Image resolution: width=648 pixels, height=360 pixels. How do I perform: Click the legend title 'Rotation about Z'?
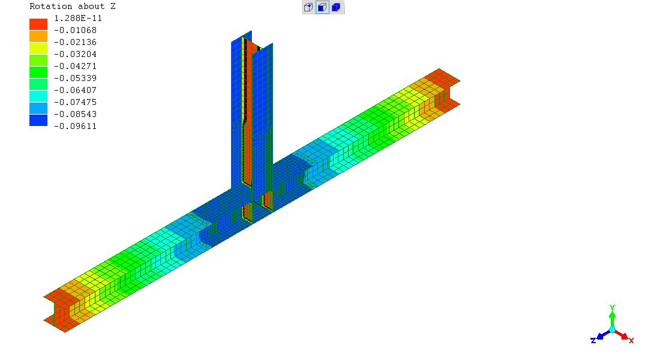point(73,6)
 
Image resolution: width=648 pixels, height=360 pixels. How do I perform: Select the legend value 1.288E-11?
point(78,18)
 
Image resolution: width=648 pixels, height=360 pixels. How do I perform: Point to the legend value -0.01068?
point(75,30)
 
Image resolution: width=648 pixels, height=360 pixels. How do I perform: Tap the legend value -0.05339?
point(75,78)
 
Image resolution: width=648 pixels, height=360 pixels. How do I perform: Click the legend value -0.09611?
point(75,126)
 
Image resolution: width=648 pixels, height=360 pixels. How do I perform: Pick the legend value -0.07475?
point(75,102)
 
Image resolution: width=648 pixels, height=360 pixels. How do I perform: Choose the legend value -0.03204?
point(75,54)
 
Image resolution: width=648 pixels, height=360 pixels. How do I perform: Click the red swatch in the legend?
point(38,24)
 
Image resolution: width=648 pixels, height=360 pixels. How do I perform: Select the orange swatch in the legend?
point(38,37)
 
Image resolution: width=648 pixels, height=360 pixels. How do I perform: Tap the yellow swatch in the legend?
point(38,49)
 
